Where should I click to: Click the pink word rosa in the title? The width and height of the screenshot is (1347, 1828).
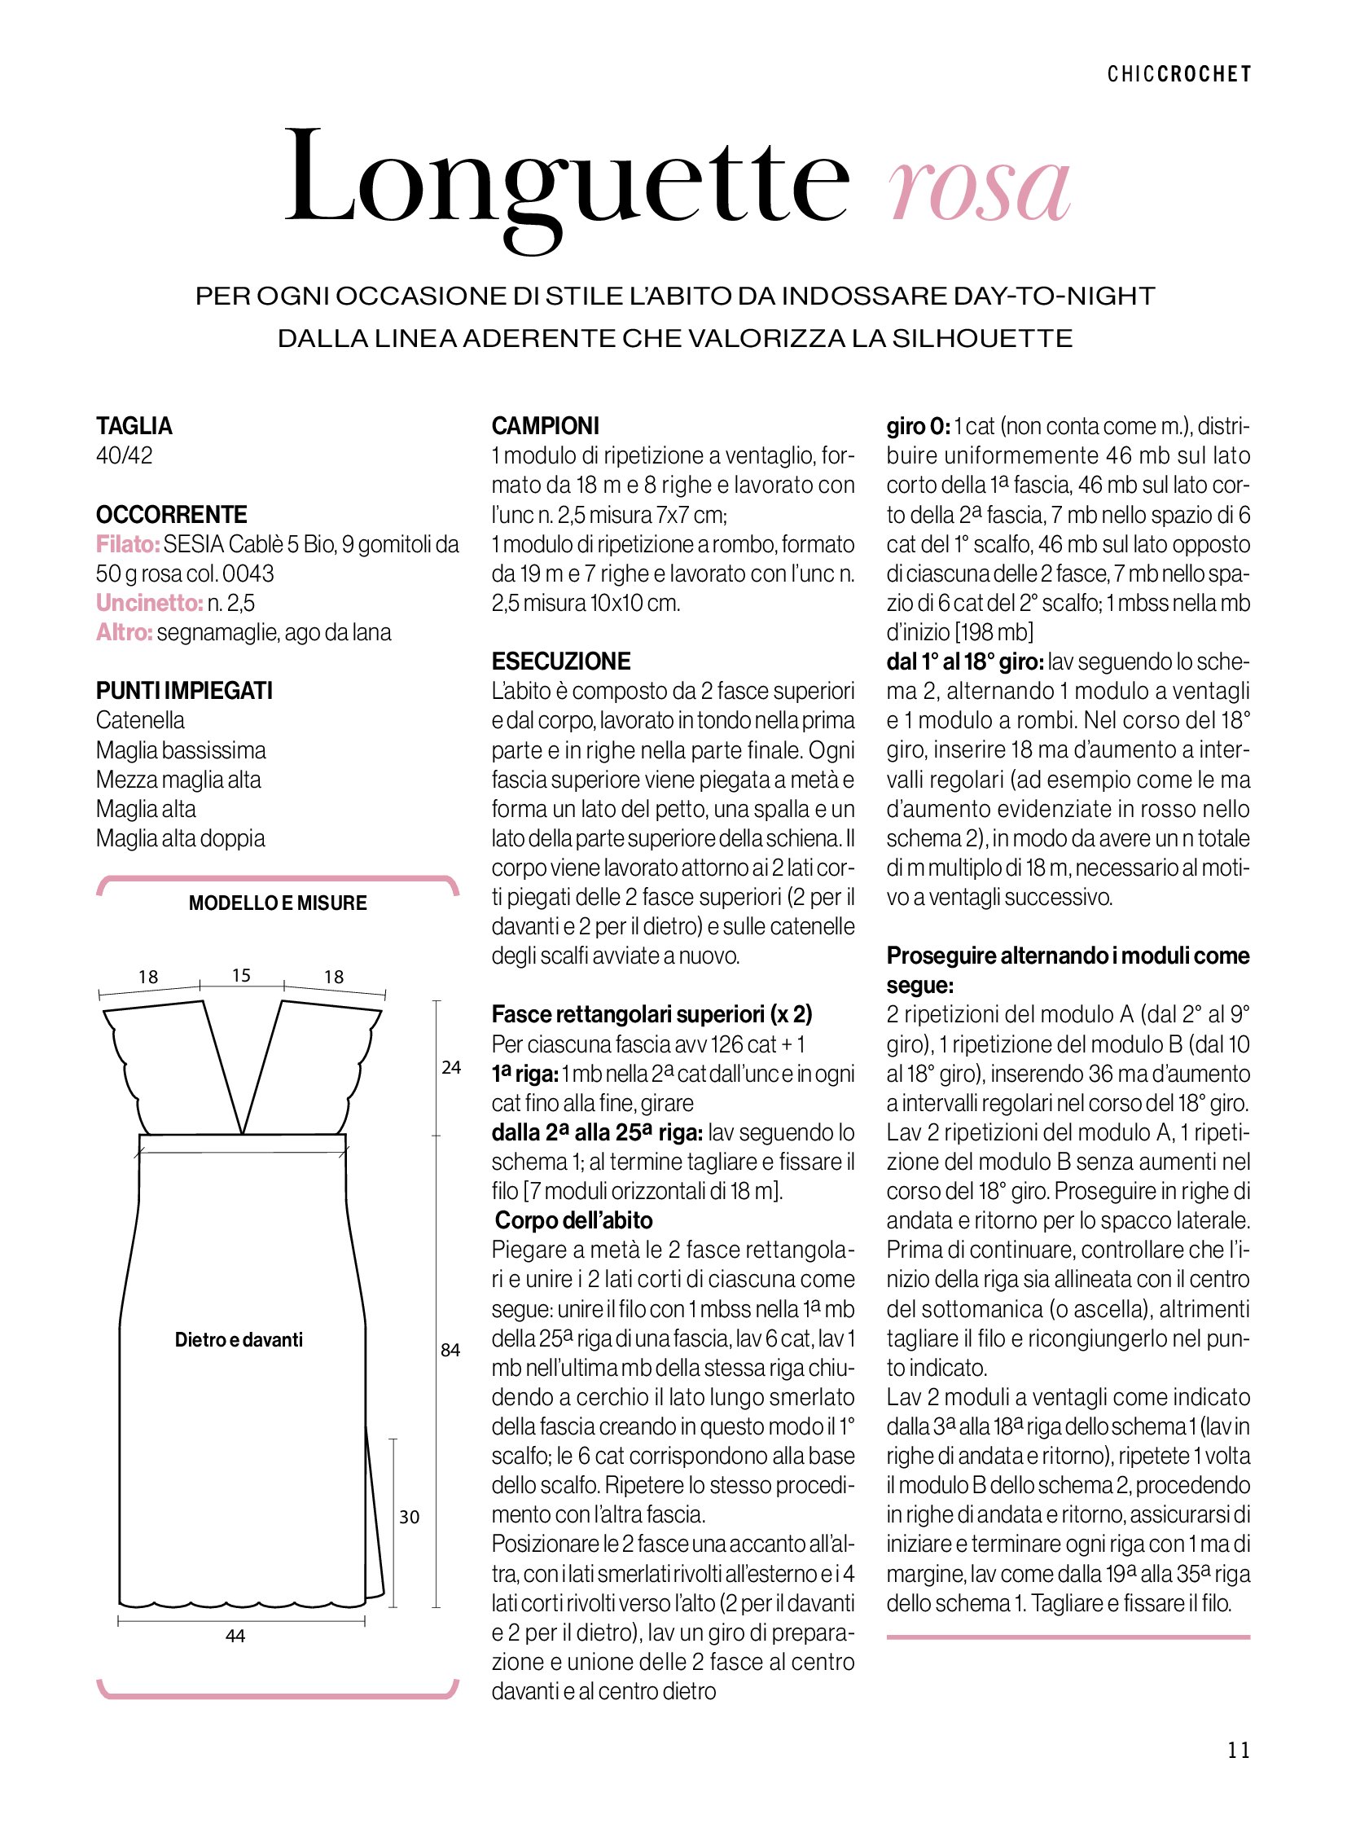pyautogui.click(x=980, y=188)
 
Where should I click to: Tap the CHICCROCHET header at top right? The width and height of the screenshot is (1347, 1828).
pyautogui.click(x=1178, y=74)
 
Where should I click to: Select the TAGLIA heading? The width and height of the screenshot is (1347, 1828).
pyautogui.click(x=134, y=426)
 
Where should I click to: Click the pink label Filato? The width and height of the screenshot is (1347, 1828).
pyautogui.click(x=127, y=544)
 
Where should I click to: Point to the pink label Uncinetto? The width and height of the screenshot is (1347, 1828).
pyautogui.click(x=149, y=603)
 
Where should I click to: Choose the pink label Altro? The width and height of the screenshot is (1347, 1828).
pyautogui.click(x=124, y=632)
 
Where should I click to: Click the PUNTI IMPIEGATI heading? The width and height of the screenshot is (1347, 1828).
pyautogui.click(x=184, y=691)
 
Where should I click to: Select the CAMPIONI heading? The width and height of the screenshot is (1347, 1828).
pyautogui.click(x=545, y=426)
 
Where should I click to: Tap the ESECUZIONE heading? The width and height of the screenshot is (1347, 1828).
pyautogui.click(x=561, y=661)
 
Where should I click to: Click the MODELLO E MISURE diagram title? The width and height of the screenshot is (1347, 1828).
pyautogui.click(x=277, y=903)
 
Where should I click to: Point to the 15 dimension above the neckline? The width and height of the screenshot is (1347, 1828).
pyautogui.click(x=241, y=976)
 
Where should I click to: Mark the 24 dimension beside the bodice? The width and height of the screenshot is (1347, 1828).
pyautogui.click(x=451, y=1068)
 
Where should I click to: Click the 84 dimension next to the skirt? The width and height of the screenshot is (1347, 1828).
pyautogui.click(x=451, y=1350)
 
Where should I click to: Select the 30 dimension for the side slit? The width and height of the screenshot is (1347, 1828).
pyautogui.click(x=410, y=1517)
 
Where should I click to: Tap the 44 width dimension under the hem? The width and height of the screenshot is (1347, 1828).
pyautogui.click(x=235, y=1636)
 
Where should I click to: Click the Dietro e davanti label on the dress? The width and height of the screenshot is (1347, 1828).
pyautogui.click(x=239, y=1340)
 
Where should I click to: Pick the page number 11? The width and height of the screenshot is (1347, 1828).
pyautogui.click(x=1238, y=1750)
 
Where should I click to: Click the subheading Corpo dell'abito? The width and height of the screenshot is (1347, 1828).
pyautogui.click(x=574, y=1220)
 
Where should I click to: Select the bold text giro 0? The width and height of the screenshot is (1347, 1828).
pyautogui.click(x=918, y=426)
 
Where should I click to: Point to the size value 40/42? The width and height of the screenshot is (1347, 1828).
pyautogui.click(x=124, y=455)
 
